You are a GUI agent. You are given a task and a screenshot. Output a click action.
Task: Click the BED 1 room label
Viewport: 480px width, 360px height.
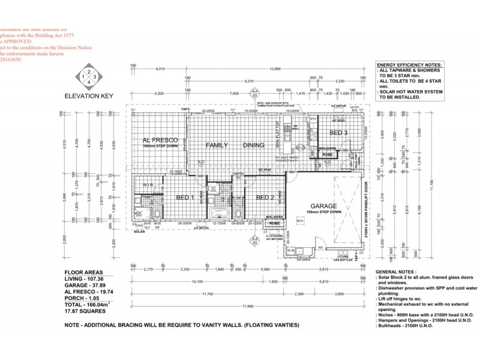click(184, 197)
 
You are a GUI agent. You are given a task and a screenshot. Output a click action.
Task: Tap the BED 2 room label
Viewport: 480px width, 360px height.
click(265, 197)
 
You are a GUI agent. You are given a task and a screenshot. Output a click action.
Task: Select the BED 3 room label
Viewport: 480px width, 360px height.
click(339, 133)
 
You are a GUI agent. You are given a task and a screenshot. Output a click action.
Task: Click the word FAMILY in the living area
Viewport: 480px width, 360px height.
click(217, 145)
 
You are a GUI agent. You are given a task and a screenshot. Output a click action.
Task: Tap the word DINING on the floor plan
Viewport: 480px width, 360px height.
click(253, 145)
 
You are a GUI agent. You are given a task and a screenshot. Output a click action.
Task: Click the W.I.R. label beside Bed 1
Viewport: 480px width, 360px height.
click(144, 185)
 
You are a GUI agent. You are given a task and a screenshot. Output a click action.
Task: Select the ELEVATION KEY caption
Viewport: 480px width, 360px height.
click(88, 95)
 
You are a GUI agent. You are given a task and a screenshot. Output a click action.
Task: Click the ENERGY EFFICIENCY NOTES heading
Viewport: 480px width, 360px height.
click(410, 64)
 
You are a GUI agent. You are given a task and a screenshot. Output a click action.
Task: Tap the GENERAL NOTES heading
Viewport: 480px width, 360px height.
click(394, 272)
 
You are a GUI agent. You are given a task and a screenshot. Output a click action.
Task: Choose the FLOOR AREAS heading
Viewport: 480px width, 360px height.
click(84, 272)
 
